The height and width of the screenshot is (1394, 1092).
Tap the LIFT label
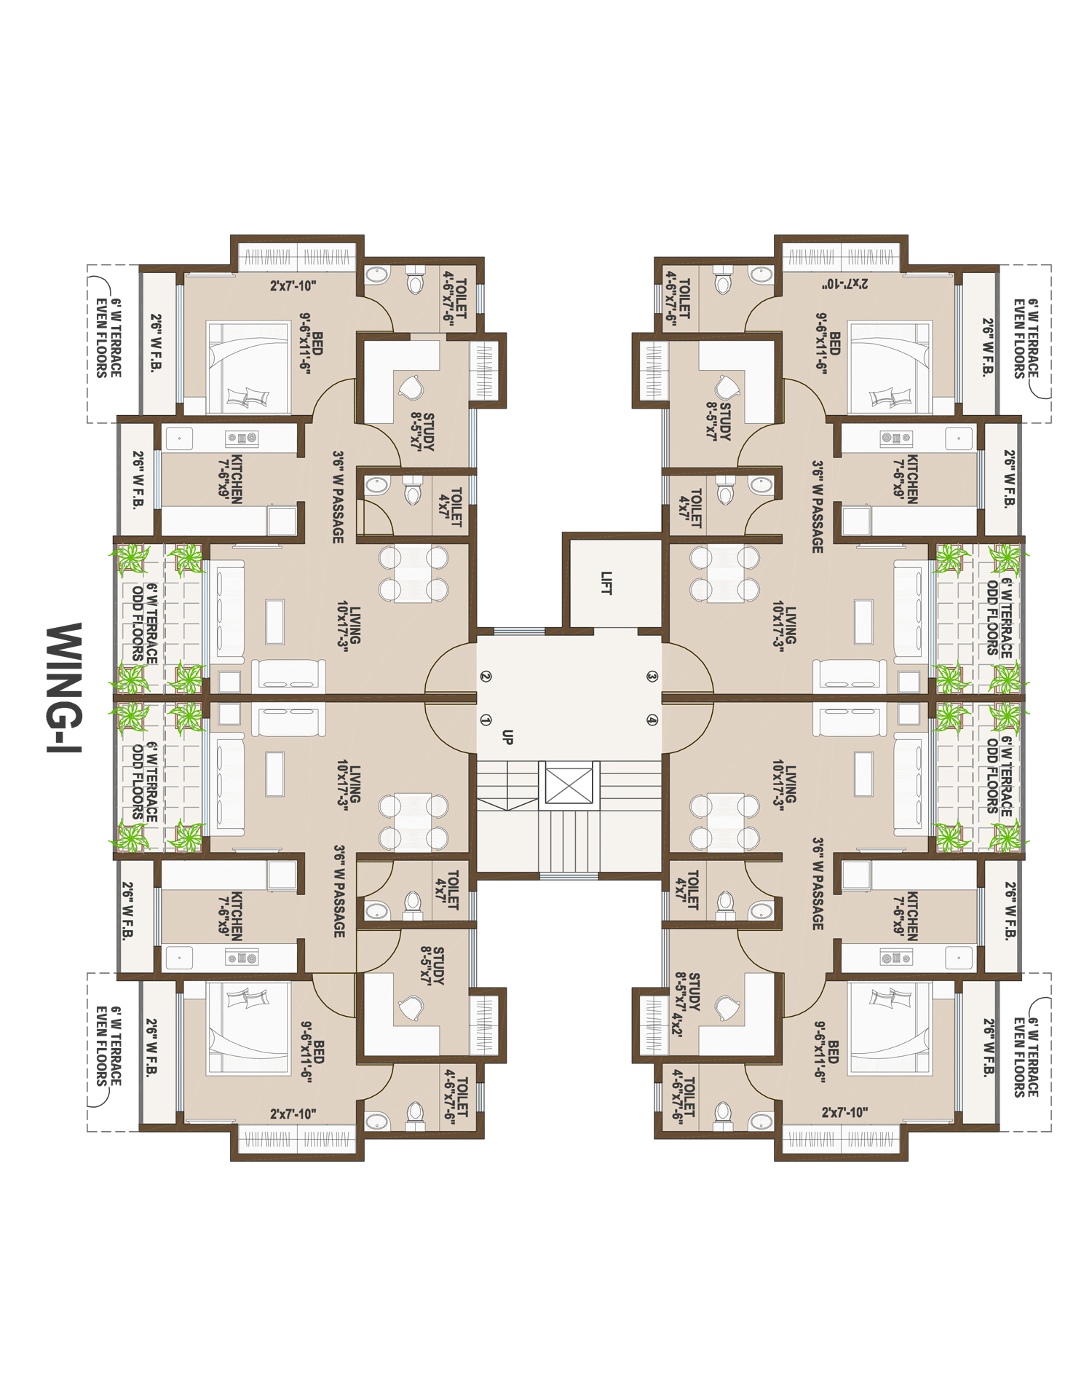click(x=606, y=583)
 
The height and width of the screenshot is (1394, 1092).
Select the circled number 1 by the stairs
click(x=486, y=720)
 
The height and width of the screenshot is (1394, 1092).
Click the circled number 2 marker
click(x=486, y=677)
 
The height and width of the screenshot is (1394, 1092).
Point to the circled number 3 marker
click(x=652, y=677)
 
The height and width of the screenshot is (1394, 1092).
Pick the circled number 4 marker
click(x=652, y=720)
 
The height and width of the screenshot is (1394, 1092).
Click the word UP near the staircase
click(x=507, y=737)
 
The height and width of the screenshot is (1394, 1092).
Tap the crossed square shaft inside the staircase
click(x=568, y=785)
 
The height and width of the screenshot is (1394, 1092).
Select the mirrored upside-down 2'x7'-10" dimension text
click(x=844, y=283)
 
